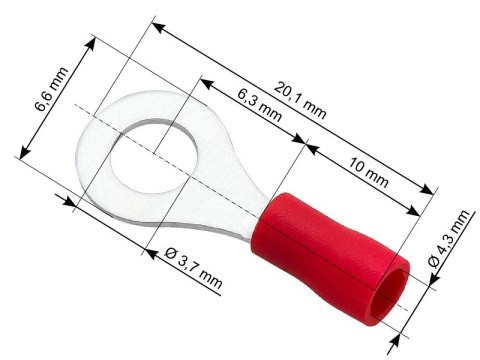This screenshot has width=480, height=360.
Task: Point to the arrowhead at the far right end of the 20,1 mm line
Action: (x=431, y=189)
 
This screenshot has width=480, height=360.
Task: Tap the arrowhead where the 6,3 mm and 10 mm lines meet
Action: (x=303, y=144)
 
